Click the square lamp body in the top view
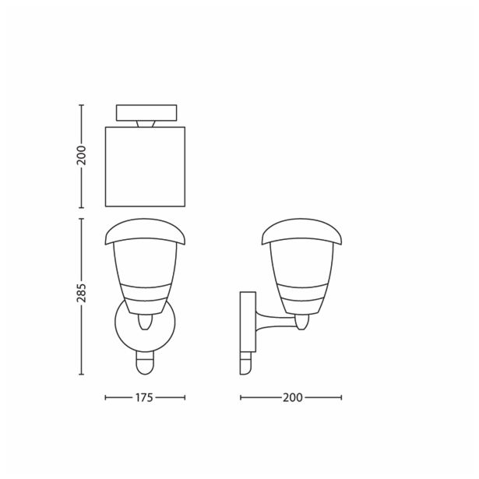146,167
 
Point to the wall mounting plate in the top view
146,112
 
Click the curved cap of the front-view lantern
146,231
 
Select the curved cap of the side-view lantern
302,231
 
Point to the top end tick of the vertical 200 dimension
82,104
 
